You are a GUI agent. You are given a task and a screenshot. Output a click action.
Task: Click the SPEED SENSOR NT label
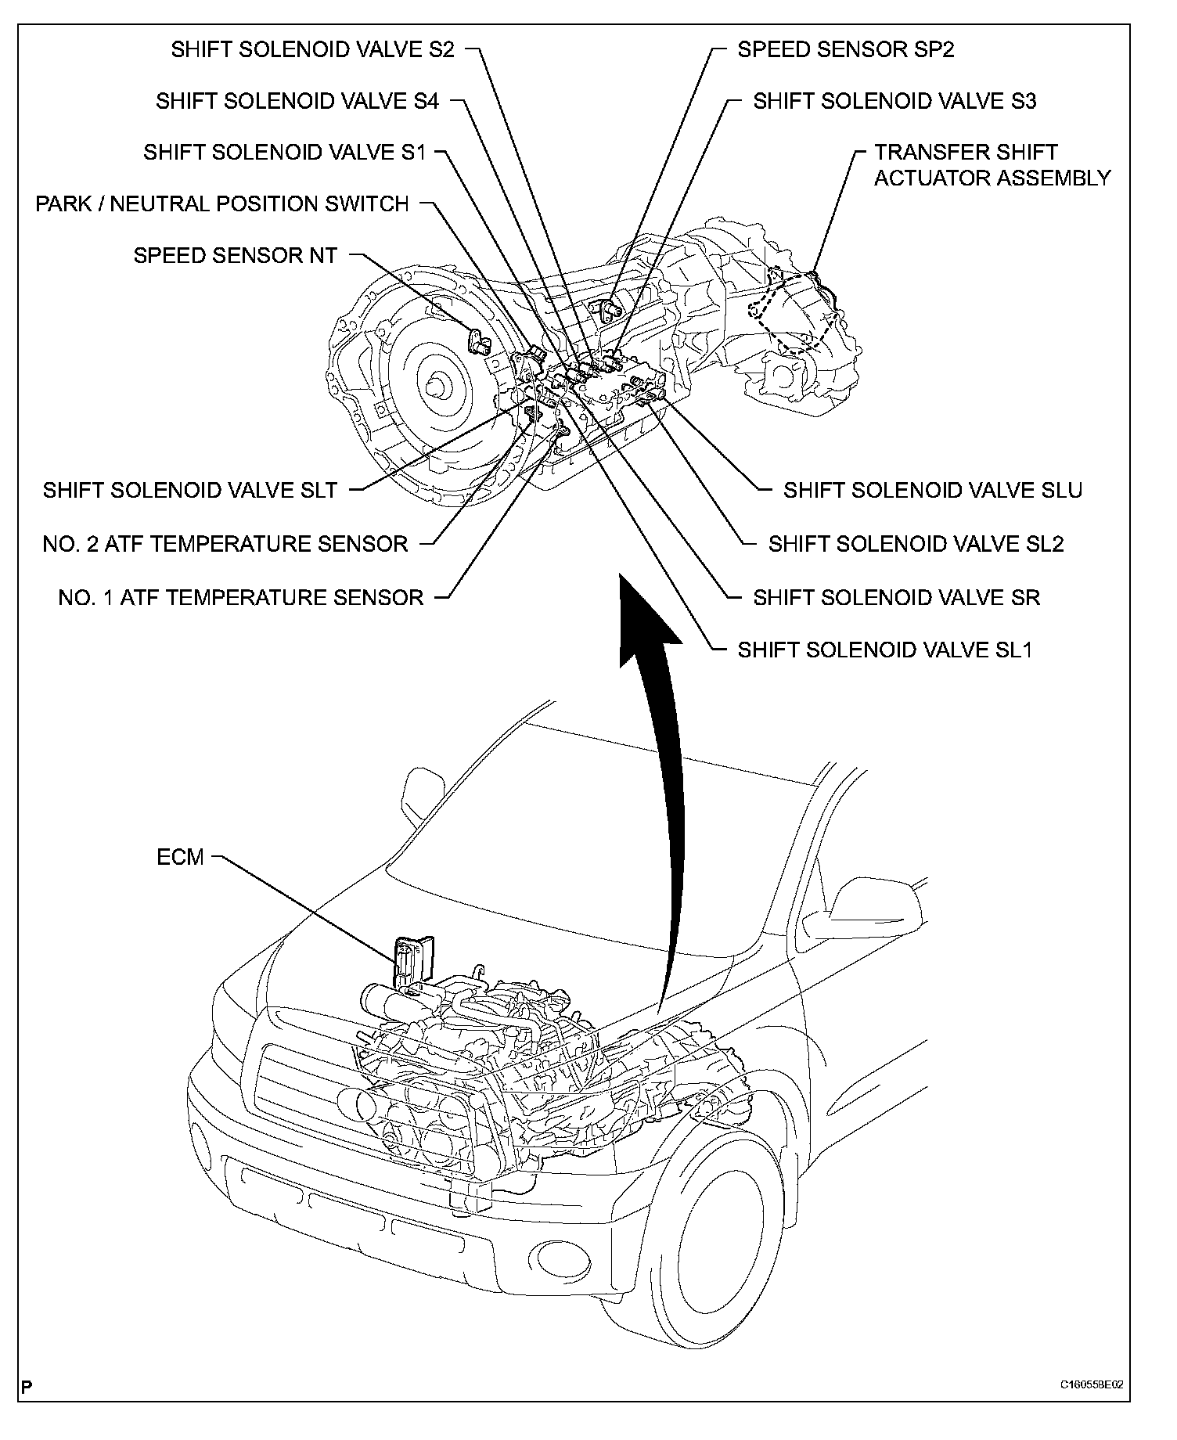[x=235, y=255]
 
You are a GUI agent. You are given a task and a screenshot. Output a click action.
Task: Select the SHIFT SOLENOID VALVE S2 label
[x=312, y=49]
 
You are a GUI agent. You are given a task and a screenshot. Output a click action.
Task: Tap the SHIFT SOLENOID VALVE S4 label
[x=297, y=101]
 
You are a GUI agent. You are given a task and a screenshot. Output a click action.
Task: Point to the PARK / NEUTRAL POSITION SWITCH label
[x=222, y=204]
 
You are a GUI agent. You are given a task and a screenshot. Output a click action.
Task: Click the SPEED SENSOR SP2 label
[x=846, y=49]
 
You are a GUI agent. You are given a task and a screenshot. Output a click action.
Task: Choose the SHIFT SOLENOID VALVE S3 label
[x=894, y=101]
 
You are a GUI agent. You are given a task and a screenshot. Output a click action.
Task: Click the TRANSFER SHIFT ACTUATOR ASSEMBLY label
[x=992, y=165]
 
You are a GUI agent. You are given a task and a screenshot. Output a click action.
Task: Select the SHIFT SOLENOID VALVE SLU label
[x=933, y=490]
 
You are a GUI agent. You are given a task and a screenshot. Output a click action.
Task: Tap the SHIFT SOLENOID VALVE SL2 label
[x=916, y=544]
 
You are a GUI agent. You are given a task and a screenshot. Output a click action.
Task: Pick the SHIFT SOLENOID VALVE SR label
[x=896, y=598]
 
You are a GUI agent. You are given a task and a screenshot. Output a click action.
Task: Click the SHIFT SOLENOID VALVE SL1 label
[x=885, y=650]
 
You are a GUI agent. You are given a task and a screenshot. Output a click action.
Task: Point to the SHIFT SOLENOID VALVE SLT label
[x=190, y=490]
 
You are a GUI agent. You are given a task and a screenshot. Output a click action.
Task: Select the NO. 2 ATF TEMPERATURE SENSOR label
[x=225, y=544]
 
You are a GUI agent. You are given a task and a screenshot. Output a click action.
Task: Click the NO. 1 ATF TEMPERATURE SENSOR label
[x=241, y=598]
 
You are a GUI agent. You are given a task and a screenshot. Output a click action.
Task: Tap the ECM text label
[x=180, y=857]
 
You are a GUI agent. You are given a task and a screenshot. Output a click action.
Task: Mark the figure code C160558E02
[x=1092, y=1384]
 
